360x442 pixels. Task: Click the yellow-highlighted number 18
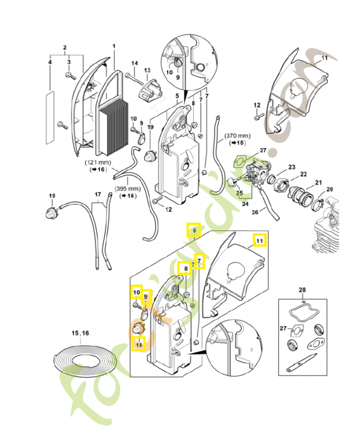coord(138,343)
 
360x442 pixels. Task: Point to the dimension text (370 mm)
coord(237,136)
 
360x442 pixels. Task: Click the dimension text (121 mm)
coord(97,163)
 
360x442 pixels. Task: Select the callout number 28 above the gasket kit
coord(302,290)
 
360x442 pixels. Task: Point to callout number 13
coord(147,70)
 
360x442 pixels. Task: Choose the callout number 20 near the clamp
coord(330,190)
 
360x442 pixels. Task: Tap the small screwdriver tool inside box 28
coord(301,365)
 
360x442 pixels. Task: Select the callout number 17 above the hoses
coord(97,194)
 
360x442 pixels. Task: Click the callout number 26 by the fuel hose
coord(255,212)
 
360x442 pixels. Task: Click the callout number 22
coord(303,175)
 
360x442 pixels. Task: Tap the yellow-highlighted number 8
coord(187,269)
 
